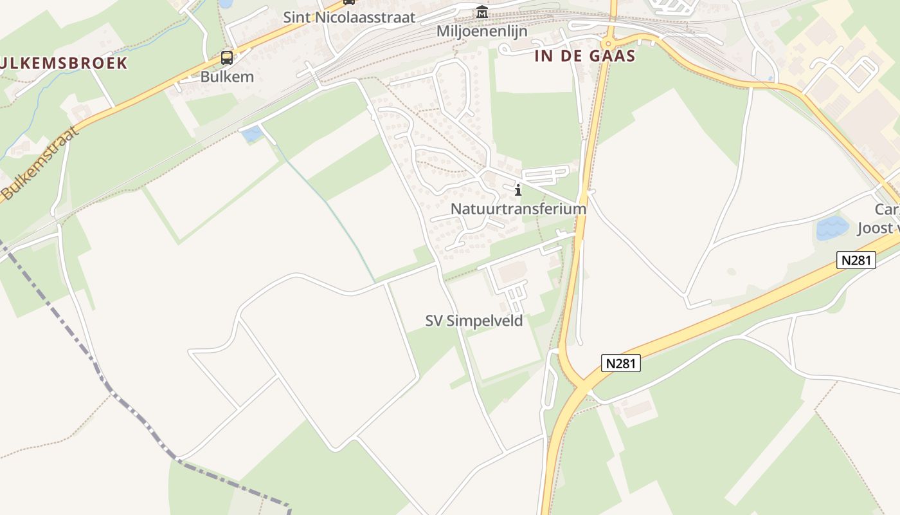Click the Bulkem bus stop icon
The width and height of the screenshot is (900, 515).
(x=227, y=58)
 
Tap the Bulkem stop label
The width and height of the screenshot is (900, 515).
(x=227, y=77)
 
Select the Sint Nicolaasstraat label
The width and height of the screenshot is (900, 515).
(x=349, y=17)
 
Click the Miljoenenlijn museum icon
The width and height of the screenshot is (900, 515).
(x=482, y=12)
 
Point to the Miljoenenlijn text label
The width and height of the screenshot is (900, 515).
(x=482, y=31)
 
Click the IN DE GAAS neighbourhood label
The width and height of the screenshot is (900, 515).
(x=585, y=56)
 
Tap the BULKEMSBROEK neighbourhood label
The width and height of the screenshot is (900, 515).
(x=64, y=63)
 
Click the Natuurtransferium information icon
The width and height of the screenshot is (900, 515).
(x=518, y=190)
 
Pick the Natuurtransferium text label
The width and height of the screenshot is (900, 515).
(x=518, y=209)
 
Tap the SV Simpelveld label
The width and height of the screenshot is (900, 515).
(x=474, y=320)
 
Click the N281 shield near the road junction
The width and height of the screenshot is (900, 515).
(x=621, y=363)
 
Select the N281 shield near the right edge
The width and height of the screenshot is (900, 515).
(x=856, y=260)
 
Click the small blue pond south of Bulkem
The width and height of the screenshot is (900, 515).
(x=251, y=134)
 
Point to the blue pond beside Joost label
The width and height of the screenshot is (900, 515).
(x=832, y=228)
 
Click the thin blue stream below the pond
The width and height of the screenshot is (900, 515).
(x=334, y=212)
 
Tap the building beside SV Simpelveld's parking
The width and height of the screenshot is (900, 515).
(x=512, y=273)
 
